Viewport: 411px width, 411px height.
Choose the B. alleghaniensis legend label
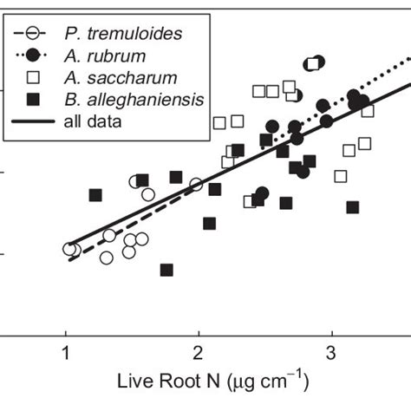click(134, 99)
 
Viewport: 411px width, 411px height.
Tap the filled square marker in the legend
click(36, 99)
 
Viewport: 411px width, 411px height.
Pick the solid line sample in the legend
click(36, 121)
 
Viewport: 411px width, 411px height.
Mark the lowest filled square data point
click(166, 270)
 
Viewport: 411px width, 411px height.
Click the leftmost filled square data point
click(95, 195)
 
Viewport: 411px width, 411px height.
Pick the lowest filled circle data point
click(262, 193)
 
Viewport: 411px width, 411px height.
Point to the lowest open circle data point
click(107, 258)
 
